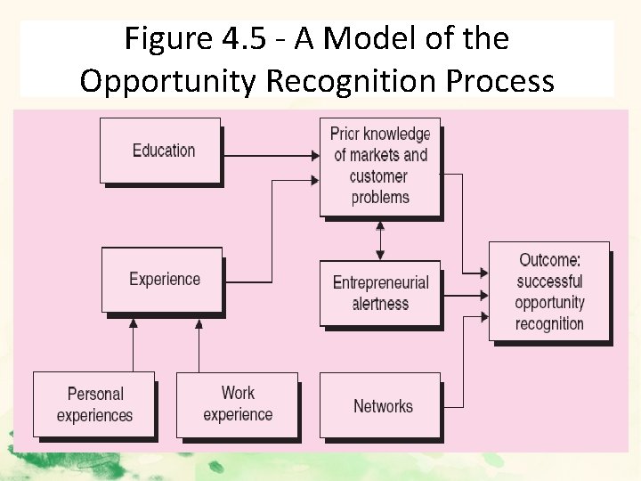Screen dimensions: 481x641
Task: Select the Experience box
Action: click(163, 280)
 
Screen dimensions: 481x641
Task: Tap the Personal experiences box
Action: click(93, 404)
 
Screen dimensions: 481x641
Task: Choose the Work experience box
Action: click(237, 404)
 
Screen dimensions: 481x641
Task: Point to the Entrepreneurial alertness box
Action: click(380, 293)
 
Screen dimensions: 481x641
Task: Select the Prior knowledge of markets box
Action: click(380, 166)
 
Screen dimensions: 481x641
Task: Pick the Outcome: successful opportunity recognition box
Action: click(549, 291)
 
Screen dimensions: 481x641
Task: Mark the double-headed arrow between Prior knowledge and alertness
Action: click(381, 239)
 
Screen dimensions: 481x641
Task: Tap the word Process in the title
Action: click(500, 81)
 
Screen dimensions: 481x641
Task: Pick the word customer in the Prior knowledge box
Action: click(378, 176)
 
